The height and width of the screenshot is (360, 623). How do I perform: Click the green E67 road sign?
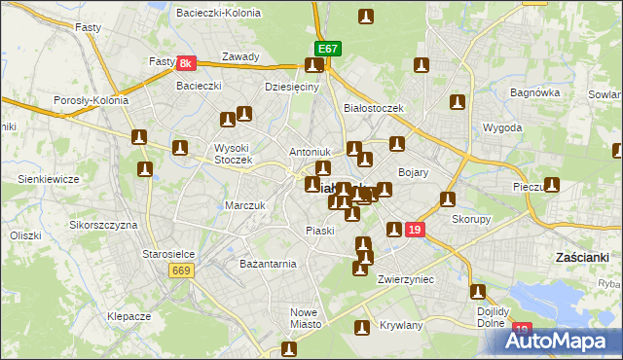[x=327, y=49]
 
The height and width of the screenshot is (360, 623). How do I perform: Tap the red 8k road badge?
[x=188, y=63]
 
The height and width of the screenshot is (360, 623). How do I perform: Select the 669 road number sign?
[x=179, y=270]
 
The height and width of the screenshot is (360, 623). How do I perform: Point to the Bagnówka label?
[x=536, y=93]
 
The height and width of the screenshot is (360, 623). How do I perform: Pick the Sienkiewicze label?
[x=48, y=180]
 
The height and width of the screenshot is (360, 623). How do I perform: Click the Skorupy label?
[x=471, y=219]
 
